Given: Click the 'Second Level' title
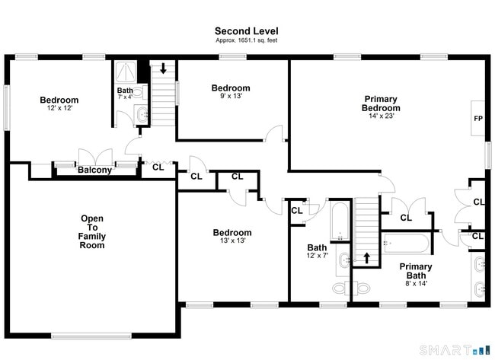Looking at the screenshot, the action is click(247, 31).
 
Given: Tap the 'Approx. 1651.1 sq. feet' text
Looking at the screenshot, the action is click(247, 40).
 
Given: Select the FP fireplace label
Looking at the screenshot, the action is click(478, 119).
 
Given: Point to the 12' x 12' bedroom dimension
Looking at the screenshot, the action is click(59, 108).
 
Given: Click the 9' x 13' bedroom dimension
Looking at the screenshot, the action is click(231, 96).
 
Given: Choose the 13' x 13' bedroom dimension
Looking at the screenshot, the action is click(233, 241).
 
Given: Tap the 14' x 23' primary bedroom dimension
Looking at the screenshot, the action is click(382, 116).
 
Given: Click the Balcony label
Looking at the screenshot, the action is click(94, 170).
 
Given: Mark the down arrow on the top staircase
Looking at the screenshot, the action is click(163, 68).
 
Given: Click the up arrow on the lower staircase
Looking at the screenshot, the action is click(366, 258).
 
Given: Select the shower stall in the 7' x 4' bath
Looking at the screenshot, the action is click(126, 72).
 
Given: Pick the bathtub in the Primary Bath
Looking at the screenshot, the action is click(405, 243).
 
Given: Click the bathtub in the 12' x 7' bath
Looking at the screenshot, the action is click(340, 221).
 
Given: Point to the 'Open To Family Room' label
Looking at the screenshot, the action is click(92, 232).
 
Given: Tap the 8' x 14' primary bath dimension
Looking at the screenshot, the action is click(416, 283).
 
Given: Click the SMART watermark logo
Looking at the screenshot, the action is click(455, 350).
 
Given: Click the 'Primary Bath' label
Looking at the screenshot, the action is click(416, 271).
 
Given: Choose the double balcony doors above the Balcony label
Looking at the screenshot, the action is click(95, 157).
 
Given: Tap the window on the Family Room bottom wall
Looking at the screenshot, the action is click(91, 336).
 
